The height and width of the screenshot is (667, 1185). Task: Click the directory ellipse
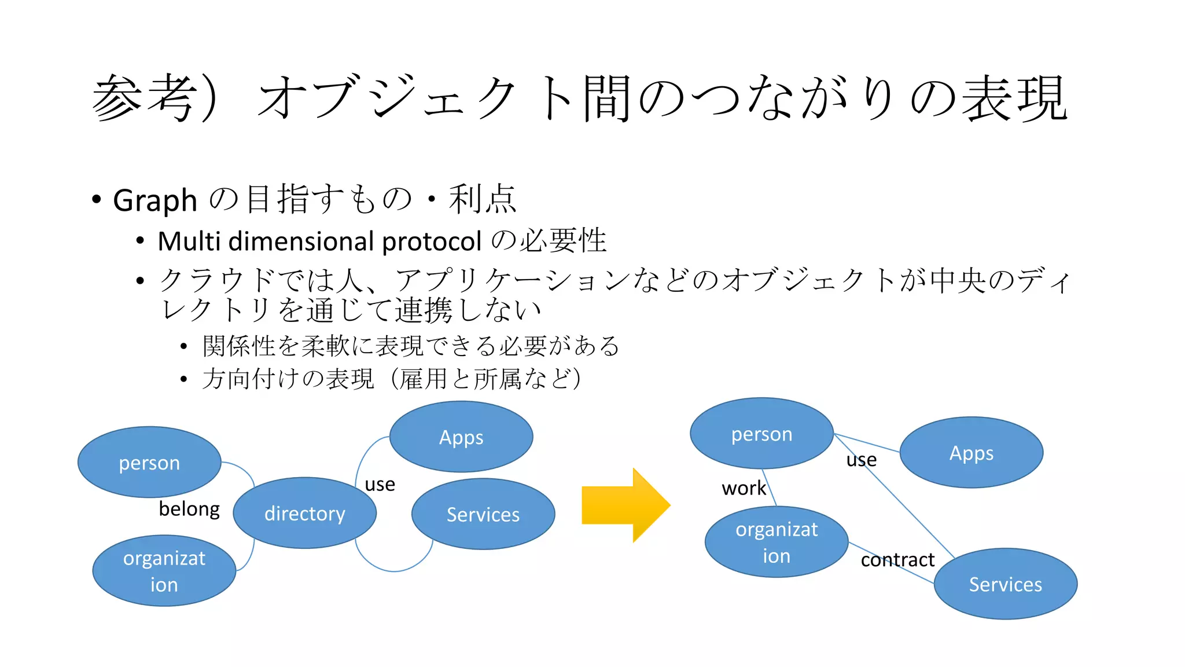tap(304, 513)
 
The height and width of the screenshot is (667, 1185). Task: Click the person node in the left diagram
tap(149, 462)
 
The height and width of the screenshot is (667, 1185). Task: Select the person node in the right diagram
tap(761, 434)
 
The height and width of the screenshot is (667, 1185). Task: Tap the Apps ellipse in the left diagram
tap(461, 437)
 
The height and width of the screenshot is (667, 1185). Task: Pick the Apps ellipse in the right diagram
tap(971, 453)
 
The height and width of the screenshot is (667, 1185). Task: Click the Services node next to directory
tap(483, 514)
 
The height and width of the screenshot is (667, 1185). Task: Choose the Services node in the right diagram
tap(1006, 584)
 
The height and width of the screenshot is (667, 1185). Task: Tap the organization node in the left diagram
tap(164, 571)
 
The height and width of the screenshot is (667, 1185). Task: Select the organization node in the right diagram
tap(776, 542)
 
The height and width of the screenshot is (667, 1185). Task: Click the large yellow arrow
tap(625, 505)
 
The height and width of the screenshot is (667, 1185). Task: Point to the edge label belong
tap(189, 508)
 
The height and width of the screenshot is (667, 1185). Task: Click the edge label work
tap(744, 488)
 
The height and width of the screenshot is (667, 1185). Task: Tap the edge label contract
tap(897, 560)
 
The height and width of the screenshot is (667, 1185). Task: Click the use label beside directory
tap(380, 484)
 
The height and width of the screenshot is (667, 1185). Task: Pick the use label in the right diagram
tap(862, 460)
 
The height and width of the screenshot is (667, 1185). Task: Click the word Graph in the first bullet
tap(154, 201)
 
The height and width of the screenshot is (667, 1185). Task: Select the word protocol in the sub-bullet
tap(432, 241)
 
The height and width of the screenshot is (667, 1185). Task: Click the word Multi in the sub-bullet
tap(190, 241)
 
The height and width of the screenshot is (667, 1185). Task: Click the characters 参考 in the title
tap(142, 98)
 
